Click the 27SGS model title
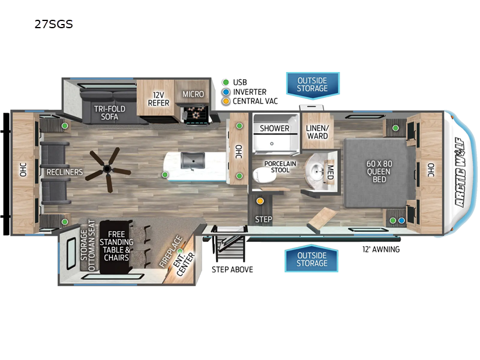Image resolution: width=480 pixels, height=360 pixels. click(53, 24)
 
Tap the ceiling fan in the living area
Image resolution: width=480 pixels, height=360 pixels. click(107, 169)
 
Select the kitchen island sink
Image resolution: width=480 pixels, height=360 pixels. click(193, 160)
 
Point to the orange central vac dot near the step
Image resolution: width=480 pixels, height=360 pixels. click(260, 201)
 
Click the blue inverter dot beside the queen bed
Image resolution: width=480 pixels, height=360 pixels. click(401, 220)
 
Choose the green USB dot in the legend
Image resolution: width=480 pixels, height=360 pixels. click(226, 82)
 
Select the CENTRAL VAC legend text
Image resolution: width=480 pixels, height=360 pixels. click(256, 101)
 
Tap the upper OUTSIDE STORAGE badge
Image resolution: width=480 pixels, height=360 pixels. click(313, 85)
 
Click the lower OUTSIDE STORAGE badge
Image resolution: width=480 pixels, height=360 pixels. click(311, 259)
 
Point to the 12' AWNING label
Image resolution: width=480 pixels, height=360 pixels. click(381, 250)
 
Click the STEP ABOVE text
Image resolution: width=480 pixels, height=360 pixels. click(232, 269)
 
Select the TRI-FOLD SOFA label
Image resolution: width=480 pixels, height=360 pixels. click(110, 113)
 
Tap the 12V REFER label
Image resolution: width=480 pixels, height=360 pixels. click(158, 99)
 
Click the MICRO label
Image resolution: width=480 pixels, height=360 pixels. click(193, 94)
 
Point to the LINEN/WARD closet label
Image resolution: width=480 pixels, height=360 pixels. click(317, 132)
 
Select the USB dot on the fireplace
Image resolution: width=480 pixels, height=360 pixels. click(180, 251)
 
